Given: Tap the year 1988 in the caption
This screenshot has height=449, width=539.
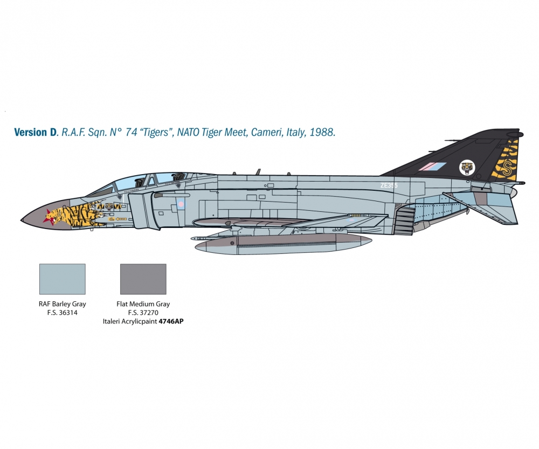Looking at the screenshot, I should click(322, 132).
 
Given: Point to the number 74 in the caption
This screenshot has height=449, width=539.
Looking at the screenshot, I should click(131, 132).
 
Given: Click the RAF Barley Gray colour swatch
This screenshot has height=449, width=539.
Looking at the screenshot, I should click(63, 279).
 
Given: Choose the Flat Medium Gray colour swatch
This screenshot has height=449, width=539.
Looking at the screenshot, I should click(143, 279).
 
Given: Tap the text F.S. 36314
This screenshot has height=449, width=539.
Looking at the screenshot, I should click(63, 313).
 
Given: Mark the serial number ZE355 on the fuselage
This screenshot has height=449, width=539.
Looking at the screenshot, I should click(389, 185).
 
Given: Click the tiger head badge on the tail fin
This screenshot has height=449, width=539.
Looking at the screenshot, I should click(467, 168).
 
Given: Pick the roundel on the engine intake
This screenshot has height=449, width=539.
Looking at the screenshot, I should click(181, 204).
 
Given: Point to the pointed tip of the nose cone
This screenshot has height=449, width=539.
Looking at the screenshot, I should click(22, 219).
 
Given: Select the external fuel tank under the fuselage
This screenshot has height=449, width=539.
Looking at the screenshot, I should click(283, 243).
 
